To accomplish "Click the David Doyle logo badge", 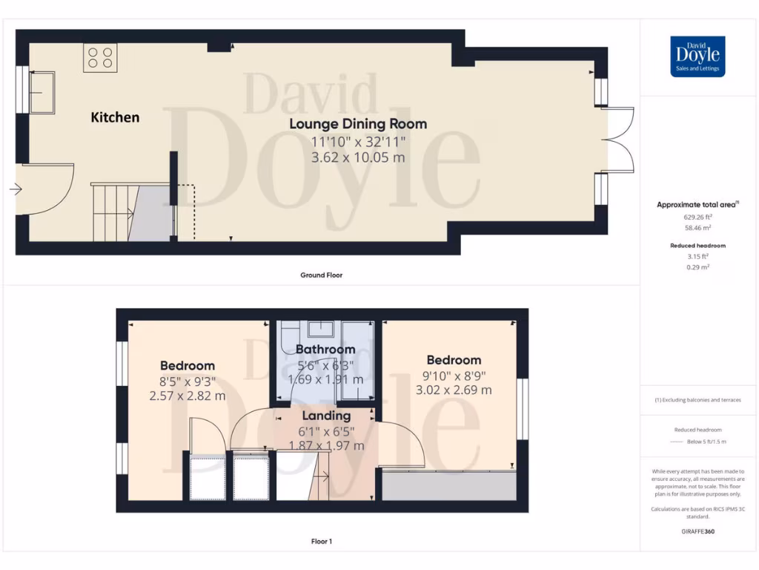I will (697, 56).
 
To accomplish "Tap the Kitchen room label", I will (115, 117).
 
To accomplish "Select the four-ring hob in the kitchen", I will (100, 58).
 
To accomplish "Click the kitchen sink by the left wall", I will (41, 92).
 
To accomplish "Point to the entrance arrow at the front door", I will (15, 189).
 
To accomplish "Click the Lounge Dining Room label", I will (358, 124).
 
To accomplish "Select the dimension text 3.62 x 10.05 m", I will (358, 157).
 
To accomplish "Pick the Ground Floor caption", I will (321, 275).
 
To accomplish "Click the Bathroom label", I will (325, 349).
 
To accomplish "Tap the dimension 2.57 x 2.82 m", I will (188, 396).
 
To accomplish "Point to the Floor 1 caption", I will (321, 541).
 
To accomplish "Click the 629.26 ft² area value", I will (697, 217).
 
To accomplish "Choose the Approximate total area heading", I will (697, 204).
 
